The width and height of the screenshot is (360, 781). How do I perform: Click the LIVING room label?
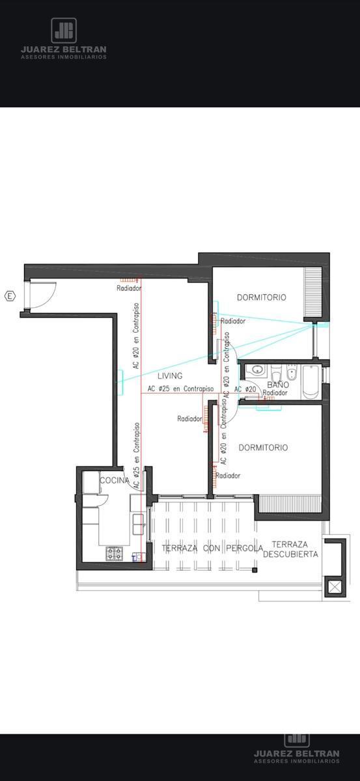170,376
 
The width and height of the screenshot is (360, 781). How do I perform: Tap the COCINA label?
115,480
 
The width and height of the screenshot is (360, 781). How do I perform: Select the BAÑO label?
278,385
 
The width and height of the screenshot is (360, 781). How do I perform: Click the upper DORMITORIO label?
262,297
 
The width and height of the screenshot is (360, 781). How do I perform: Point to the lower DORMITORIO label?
264,448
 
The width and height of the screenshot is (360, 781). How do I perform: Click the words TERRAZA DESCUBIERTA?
290,549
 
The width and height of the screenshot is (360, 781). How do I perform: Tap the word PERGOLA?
245,548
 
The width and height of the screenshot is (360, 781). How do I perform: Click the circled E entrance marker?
10,296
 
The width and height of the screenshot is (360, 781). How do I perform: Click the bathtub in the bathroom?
311,382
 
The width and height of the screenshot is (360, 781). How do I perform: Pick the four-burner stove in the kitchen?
115,554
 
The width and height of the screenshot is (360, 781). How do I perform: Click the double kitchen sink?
138,525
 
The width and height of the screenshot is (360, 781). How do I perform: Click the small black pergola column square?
255,570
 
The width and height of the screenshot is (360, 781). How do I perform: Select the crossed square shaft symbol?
335,588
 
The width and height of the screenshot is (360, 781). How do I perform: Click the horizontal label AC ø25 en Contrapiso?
181,389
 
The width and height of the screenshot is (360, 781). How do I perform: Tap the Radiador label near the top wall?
129,288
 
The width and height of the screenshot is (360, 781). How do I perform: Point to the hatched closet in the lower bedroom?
290,504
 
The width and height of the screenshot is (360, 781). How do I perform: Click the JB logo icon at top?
64,31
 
